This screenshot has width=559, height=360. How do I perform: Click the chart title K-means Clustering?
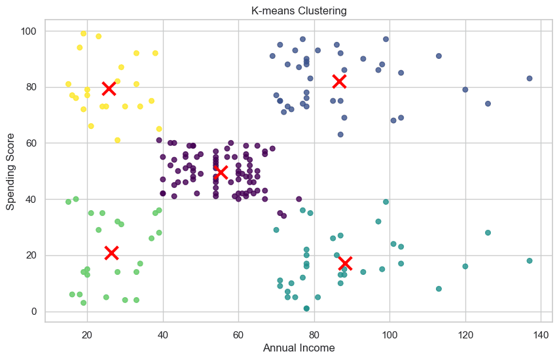(x=299, y=10)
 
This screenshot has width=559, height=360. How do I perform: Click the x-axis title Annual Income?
(x=299, y=348)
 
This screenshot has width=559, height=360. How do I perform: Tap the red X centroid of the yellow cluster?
(x=109, y=88)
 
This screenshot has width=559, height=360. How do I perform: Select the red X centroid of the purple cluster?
(x=221, y=172)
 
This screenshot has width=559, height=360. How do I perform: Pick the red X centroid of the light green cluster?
(x=111, y=253)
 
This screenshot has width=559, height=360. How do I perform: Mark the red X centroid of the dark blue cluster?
(x=338, y=81)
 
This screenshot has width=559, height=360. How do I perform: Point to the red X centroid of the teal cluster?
(x=345, y=263)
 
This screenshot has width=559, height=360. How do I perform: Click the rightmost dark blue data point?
(x=530, y=79)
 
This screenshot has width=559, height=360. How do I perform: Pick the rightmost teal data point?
(x=530, y=261)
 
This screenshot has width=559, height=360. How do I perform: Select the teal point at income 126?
(x=488, y=233)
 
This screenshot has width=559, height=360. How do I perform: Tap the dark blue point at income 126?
(x=488, y=103)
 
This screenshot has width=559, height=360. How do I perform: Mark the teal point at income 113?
(x=439, y=289)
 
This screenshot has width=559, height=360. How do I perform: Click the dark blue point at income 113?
(x=439, y=56)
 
